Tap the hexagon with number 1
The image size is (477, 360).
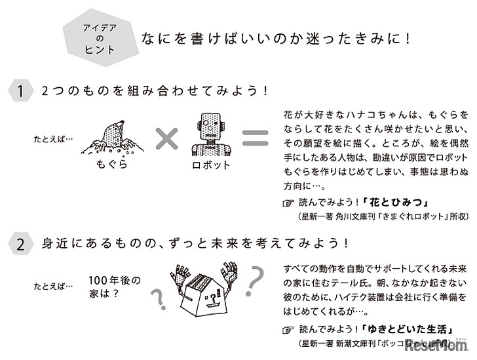[x=20, y=92]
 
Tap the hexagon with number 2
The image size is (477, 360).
[x=20, y=245]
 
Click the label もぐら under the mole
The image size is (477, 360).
[x=110, y=165]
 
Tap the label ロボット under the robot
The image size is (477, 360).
[x=209, y=165]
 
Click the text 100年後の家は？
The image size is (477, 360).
[x=114, y=286]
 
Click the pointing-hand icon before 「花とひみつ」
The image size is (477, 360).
[x=288, y=203]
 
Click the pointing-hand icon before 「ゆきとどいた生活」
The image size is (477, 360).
[x=288, y=330]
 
